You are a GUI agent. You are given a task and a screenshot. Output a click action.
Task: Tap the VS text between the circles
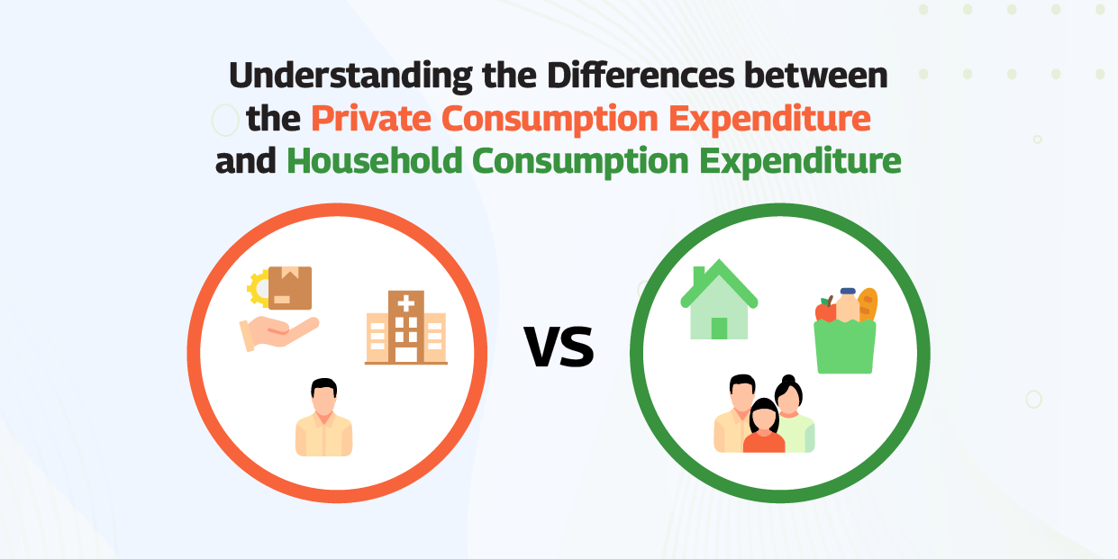tap(559, 347)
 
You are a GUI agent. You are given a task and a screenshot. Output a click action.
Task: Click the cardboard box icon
tap(290, 287)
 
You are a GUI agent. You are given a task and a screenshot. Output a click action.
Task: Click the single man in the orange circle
tap(323, 418)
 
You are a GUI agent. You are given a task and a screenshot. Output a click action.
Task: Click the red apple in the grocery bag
tap(825, 311)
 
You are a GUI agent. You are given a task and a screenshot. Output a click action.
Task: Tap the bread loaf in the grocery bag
tap(867, 304)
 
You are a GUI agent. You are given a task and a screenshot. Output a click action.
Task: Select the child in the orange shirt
tap(764, 427)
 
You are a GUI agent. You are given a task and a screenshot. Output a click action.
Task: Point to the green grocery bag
tap(844, 347)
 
